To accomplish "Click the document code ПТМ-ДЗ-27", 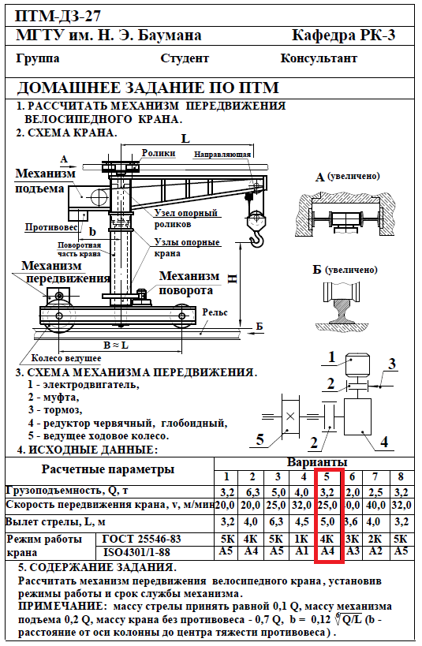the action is tap(58, 16).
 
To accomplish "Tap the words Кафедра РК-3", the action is tap(344, 35).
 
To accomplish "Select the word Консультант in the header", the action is tap(319, 58).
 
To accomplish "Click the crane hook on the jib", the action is tap(257, 239).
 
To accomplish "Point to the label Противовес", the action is tap(51, 227).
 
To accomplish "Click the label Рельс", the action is tap(215, 312).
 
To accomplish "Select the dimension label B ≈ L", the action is tap(115, 345).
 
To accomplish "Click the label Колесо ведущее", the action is tap(66, 358).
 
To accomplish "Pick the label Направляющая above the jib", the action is tap(222, 155).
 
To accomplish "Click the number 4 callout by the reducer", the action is tap(383, 442).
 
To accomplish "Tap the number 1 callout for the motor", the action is tap(332, 357).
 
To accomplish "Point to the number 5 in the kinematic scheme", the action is tap(260, 439).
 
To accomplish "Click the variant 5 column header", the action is tap(327, 476).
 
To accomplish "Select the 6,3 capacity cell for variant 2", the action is tap(252, 492).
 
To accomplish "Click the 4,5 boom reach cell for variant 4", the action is tap(303, 521).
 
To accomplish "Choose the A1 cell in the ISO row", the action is tap(302, 551).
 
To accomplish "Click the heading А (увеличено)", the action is tap(347, 177).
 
